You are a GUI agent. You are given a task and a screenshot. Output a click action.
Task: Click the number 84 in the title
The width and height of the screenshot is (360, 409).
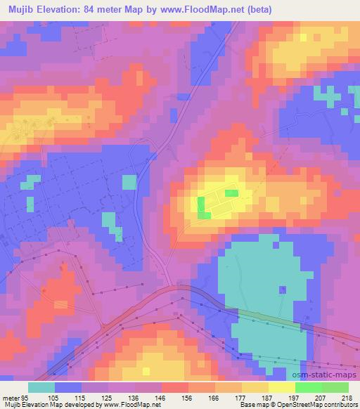(96, 9)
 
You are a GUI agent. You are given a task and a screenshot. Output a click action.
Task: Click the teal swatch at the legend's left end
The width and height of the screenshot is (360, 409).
(41, 387)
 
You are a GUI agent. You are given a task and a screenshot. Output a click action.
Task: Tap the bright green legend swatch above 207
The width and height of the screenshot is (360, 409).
(309, 387)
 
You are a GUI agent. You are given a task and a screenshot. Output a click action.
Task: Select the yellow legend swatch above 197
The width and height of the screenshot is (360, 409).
(282, 387)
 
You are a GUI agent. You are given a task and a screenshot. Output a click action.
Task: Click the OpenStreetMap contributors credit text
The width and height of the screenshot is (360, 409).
(314, 405)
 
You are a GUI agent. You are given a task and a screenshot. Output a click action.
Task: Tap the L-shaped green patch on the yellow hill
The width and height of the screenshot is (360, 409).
(202, 209)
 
